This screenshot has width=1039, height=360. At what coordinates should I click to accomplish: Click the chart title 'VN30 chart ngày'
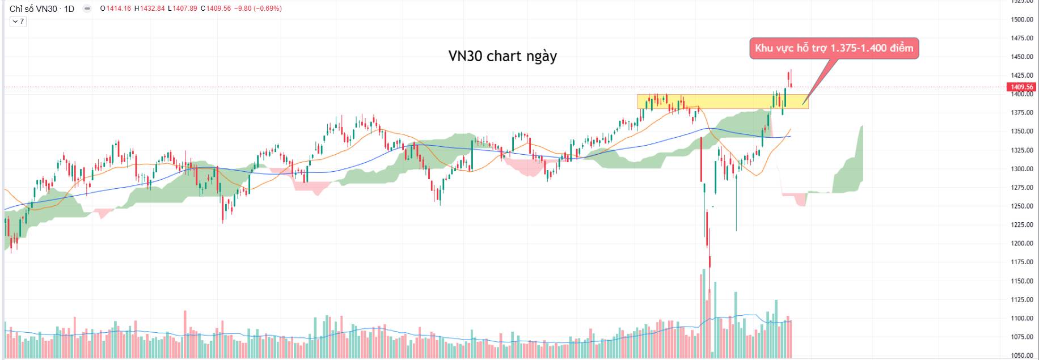pos(502,56)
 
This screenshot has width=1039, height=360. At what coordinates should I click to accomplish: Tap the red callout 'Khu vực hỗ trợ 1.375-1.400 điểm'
pos(834,49)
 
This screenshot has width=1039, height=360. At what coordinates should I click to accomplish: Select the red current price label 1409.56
pos(1021,87)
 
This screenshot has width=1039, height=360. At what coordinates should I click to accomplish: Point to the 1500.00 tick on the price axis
pos(1021,20)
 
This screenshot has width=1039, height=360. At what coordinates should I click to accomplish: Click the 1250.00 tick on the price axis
pos(1021,206)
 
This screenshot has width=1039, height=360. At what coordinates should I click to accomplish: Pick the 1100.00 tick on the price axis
pos(1021,319)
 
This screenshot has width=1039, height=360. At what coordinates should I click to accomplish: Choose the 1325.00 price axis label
pos(1021,150)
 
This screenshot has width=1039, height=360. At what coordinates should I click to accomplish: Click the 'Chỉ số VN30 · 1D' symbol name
pos(42,9)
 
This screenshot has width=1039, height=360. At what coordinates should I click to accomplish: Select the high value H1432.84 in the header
pos(150,9)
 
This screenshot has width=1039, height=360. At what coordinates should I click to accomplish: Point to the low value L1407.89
pos(183,9)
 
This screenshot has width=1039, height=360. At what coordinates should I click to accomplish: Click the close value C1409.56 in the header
pos(216,9)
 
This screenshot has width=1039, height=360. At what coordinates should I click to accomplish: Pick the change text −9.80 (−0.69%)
pos(259,9)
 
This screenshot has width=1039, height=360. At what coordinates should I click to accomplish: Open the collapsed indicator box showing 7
pos(18,22)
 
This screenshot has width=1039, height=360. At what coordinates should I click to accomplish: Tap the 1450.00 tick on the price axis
pos(1021,57)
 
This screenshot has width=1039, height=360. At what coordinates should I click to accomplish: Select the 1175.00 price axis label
pos(1021,262)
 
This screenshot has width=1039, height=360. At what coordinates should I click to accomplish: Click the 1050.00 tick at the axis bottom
pos(1021,355)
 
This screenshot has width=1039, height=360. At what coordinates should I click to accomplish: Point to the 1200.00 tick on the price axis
pos(1021,244)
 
